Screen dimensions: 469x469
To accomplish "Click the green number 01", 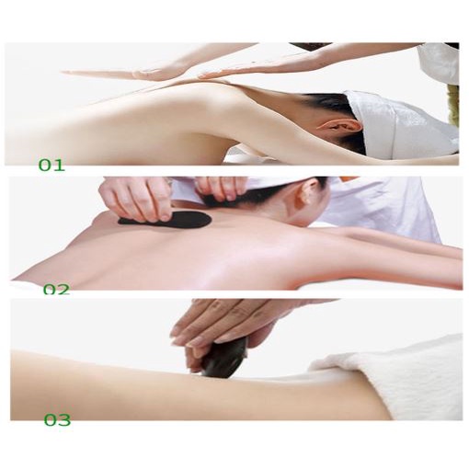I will pyautogui.click(x=51, y=166).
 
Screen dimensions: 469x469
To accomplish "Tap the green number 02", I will pyautogui.click(x=56, y=289).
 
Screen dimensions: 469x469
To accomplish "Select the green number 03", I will pyautogui.click(x=57, y=420).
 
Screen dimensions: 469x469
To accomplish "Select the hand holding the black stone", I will pyautogui.click(x=212, y=326).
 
